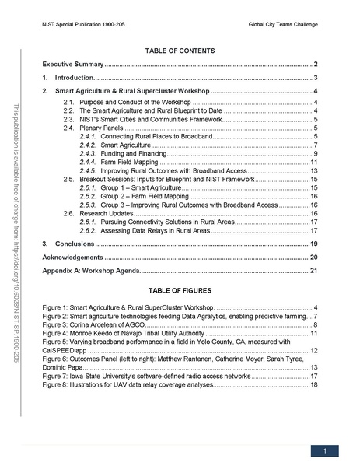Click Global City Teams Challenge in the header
[x=283, y=26]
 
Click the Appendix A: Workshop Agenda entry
[x=90, y=270]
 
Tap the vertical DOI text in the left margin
[x=19, y=233]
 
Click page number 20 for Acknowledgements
[x=314, y=257]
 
